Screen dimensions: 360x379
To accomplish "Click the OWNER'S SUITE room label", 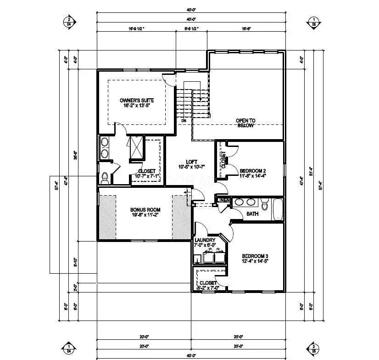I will [137, 100].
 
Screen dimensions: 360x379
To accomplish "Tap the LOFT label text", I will [191, 162].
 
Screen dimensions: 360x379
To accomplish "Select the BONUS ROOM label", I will [145, 210].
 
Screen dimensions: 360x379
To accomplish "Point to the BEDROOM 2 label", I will [252, 170].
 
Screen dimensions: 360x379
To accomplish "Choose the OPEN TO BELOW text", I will [245, 123].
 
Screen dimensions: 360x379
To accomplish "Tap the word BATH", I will [252, 214].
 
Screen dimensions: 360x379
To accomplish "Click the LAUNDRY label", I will [205, 240].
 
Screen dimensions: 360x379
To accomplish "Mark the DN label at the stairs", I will [184, 121].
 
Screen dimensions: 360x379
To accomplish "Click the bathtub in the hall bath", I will [278, 209].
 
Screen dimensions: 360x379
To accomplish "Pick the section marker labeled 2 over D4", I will [69, 22].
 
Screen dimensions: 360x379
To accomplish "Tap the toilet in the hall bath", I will [264, 202].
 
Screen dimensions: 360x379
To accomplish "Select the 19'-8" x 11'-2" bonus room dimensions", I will [145, 216].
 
